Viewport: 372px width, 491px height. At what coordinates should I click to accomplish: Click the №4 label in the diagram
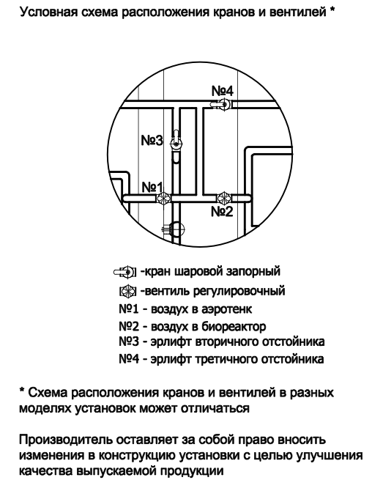click(x=223, y=91)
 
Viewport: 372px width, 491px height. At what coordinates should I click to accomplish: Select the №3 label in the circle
click(x=152, y=140)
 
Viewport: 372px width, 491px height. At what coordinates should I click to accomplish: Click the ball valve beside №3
click(x=176, y=141)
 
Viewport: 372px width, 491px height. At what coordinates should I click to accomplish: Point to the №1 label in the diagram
click(x=152, y=188)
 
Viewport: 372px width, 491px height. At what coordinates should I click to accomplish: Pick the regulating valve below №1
click(x=163, y=198)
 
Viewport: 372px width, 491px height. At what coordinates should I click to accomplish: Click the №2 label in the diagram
click(x=222, y=212)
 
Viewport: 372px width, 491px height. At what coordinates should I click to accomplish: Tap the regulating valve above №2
click(x=223, y=198)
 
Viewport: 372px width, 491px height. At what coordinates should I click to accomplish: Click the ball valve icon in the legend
click(x=124, y=271)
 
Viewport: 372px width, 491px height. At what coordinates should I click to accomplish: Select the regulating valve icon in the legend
click(x=128, y=291)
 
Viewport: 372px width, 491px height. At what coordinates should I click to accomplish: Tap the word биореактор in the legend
click(x=234, y=327)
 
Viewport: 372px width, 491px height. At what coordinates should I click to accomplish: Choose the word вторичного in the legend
click(x=227, y=342)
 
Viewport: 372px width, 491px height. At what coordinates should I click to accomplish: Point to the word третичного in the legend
click(x=227, y=359)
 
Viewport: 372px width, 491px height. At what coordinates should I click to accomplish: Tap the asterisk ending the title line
click(x=332, y=10)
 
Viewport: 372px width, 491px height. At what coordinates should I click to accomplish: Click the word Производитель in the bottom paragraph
click(x=66, y=440)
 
